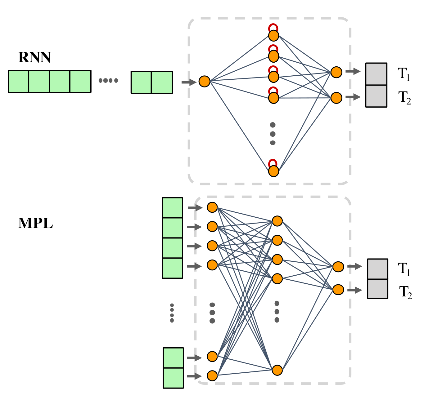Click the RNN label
tap(34, 57)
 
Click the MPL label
tap(35, 223)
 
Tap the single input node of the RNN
tap(205, 82)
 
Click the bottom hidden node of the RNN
tap(273, 171)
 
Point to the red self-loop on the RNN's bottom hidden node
tap(273, 162)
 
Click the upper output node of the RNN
tap(336, 72)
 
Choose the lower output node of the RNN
tap(336, 98)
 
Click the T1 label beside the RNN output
tap(404, 74)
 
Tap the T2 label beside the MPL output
tap(405, 292)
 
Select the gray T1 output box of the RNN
tap(376, 74)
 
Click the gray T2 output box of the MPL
tap(377, 289)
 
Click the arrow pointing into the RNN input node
tap(189, 82)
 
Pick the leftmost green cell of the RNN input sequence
tap(19, 82)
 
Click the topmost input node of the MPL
tap(212, 207)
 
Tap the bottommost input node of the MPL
tap(212, 376)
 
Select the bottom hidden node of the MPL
tap(277, 370)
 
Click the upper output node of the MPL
tap(338, 267)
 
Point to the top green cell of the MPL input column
tap(172, 208)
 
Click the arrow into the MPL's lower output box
tap(354, 290)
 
